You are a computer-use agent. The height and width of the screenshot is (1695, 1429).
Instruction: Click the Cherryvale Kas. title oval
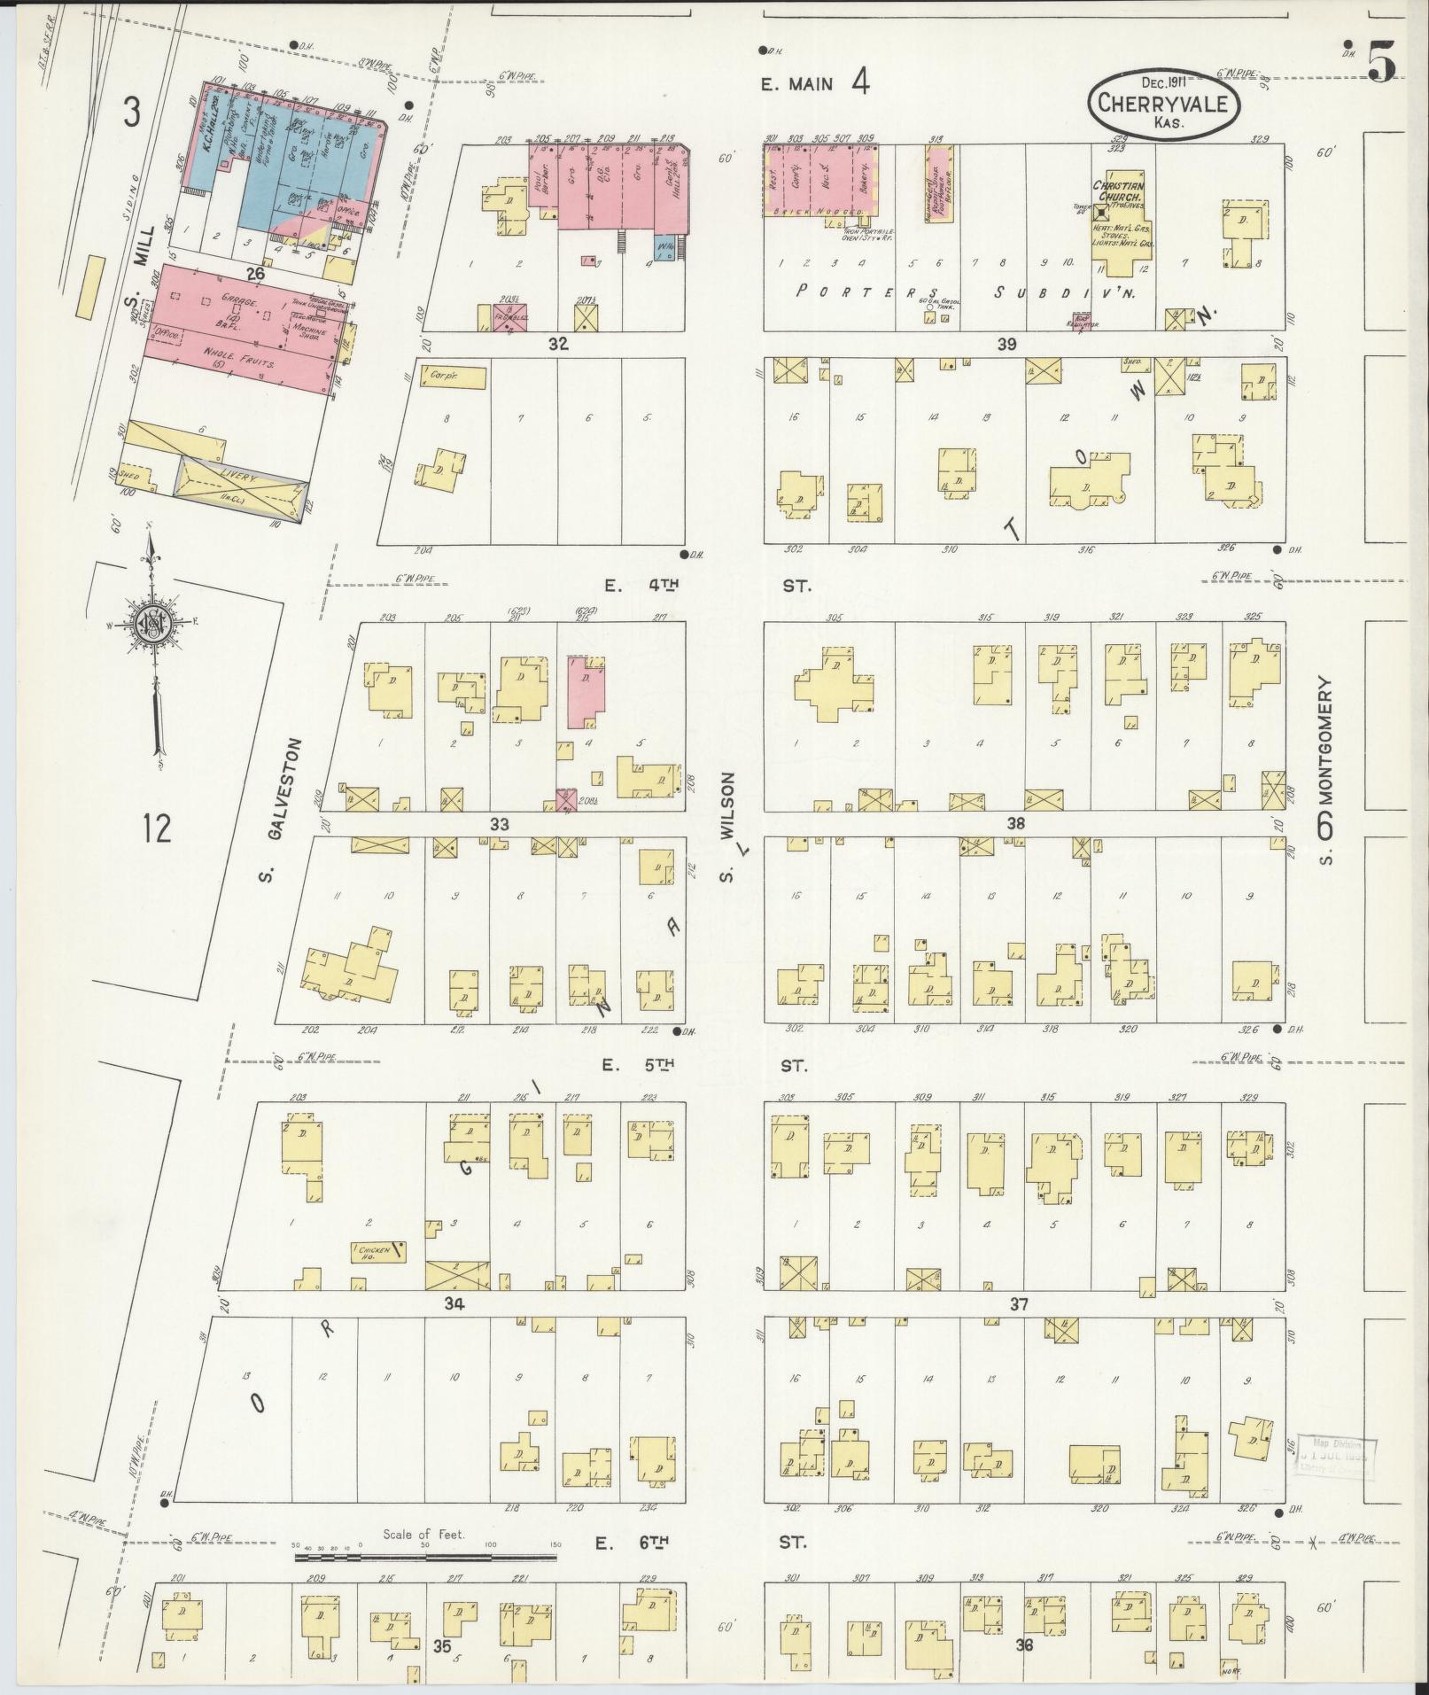coord(1162,102)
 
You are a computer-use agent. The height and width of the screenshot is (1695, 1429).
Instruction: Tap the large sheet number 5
coord(1383,59)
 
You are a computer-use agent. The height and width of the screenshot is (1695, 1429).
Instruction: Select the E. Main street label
coord(797,84)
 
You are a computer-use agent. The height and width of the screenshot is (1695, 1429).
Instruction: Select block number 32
coord(557,344)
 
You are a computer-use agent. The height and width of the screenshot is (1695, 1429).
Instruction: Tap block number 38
coord(1015,823)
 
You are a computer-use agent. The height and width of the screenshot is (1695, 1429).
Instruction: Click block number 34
coord(454,1303)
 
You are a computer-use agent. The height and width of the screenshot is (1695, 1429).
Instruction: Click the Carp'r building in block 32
coord(453,377)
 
